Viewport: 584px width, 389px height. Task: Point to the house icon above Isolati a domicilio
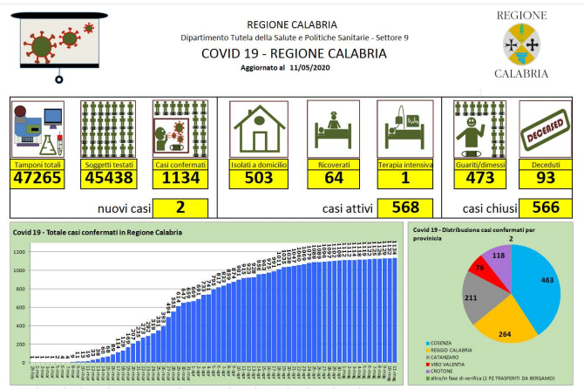258,128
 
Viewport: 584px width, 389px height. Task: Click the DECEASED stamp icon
545,130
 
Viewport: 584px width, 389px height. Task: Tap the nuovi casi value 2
180,208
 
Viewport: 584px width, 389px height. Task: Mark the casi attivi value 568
405,208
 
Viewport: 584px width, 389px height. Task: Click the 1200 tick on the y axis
19,252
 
